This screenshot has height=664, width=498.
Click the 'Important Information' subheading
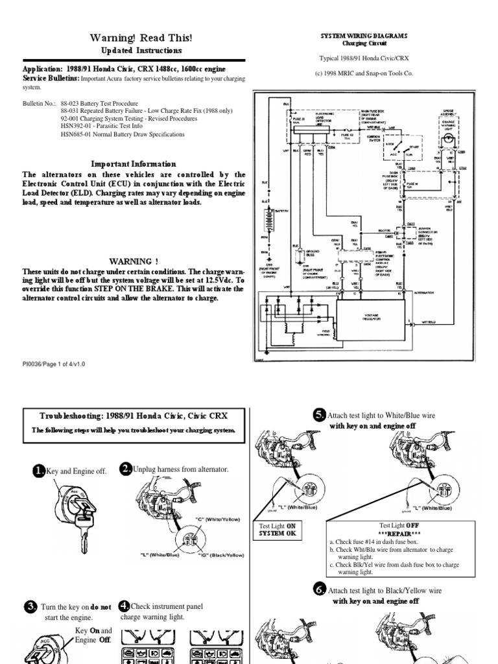[133, 164]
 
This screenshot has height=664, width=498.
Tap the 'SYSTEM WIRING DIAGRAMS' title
[364, 36]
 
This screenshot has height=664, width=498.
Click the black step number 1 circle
[39, 471]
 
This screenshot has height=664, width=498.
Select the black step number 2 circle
[126, 469]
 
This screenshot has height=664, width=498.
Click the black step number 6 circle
[319, 590]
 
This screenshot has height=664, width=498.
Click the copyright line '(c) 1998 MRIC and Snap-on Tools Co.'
[364, 74]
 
